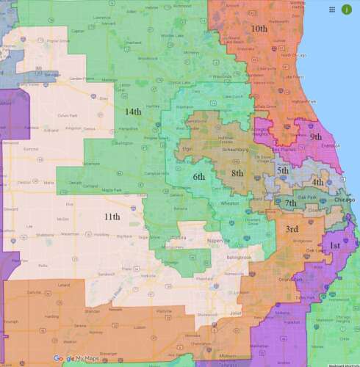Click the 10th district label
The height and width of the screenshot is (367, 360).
point(259,28)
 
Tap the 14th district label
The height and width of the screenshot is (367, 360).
point(132,111)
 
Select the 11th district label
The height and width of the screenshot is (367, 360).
point(112,217)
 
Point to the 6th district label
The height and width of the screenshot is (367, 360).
point(199,177)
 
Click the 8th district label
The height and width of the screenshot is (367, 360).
point(237,172)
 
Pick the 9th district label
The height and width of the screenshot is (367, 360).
point(316,137)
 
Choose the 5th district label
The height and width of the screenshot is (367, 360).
point(283,170)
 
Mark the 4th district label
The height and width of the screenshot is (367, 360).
point(317,181)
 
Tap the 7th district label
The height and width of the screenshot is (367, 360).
point(291,203)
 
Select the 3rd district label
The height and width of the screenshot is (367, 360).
point(291,229)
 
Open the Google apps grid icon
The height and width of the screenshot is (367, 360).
point(333,10)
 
